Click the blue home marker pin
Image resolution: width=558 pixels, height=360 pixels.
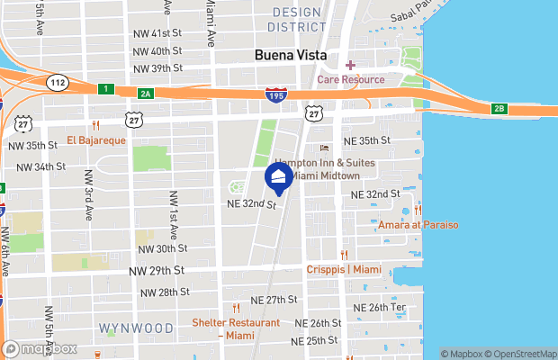(278, 178)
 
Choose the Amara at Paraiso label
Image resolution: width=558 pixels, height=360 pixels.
(418, 224)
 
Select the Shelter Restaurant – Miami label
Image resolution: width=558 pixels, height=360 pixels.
(236, 328)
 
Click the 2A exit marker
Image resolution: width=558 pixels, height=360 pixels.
(145, 93)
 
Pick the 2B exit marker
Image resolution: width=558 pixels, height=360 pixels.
(499, 110)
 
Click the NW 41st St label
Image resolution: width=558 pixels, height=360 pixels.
(157, 33)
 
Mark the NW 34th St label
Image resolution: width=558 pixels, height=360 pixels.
(36, 166)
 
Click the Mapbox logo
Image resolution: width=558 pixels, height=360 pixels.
(40, 348)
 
